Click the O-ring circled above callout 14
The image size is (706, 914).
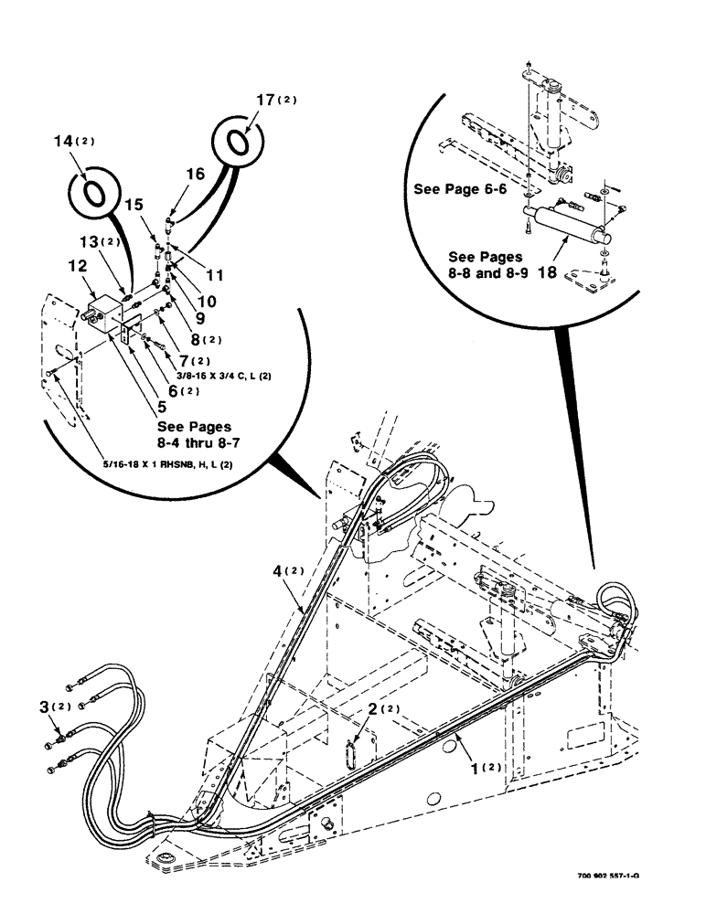pyautogui.click(x=93, y=195)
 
